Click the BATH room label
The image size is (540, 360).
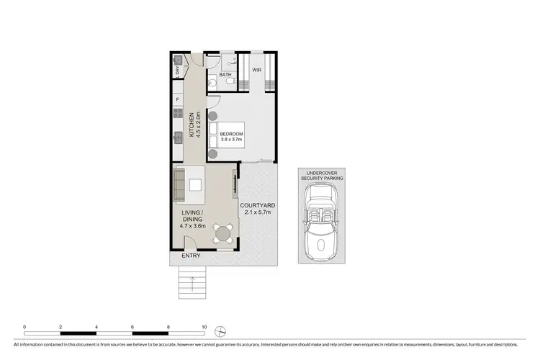pyautogui.click(x=225, y=75)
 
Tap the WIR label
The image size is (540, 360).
pyautogui.click(x=256, y=70)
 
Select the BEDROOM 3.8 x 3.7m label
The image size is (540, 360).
pyautogui.click(x=232, y=137)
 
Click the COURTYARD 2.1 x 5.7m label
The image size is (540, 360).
pyautogui.click(x=257, y=209)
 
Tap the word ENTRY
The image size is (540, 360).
pyautogui.click(x=191, y=256)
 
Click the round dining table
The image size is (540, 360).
pyautogui.click(x=224, y=233)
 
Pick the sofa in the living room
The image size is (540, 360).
pyautogui.click(x=180, y=184)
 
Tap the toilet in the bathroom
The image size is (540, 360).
pyautogui.click(x=230, y=83)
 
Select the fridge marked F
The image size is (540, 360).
pyautogui.click(x=176, y=99)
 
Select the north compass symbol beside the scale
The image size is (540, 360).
pyautogui.click(x=222, y=330)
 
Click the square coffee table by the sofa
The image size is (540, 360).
pyautogui.click(x=195, y=185)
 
